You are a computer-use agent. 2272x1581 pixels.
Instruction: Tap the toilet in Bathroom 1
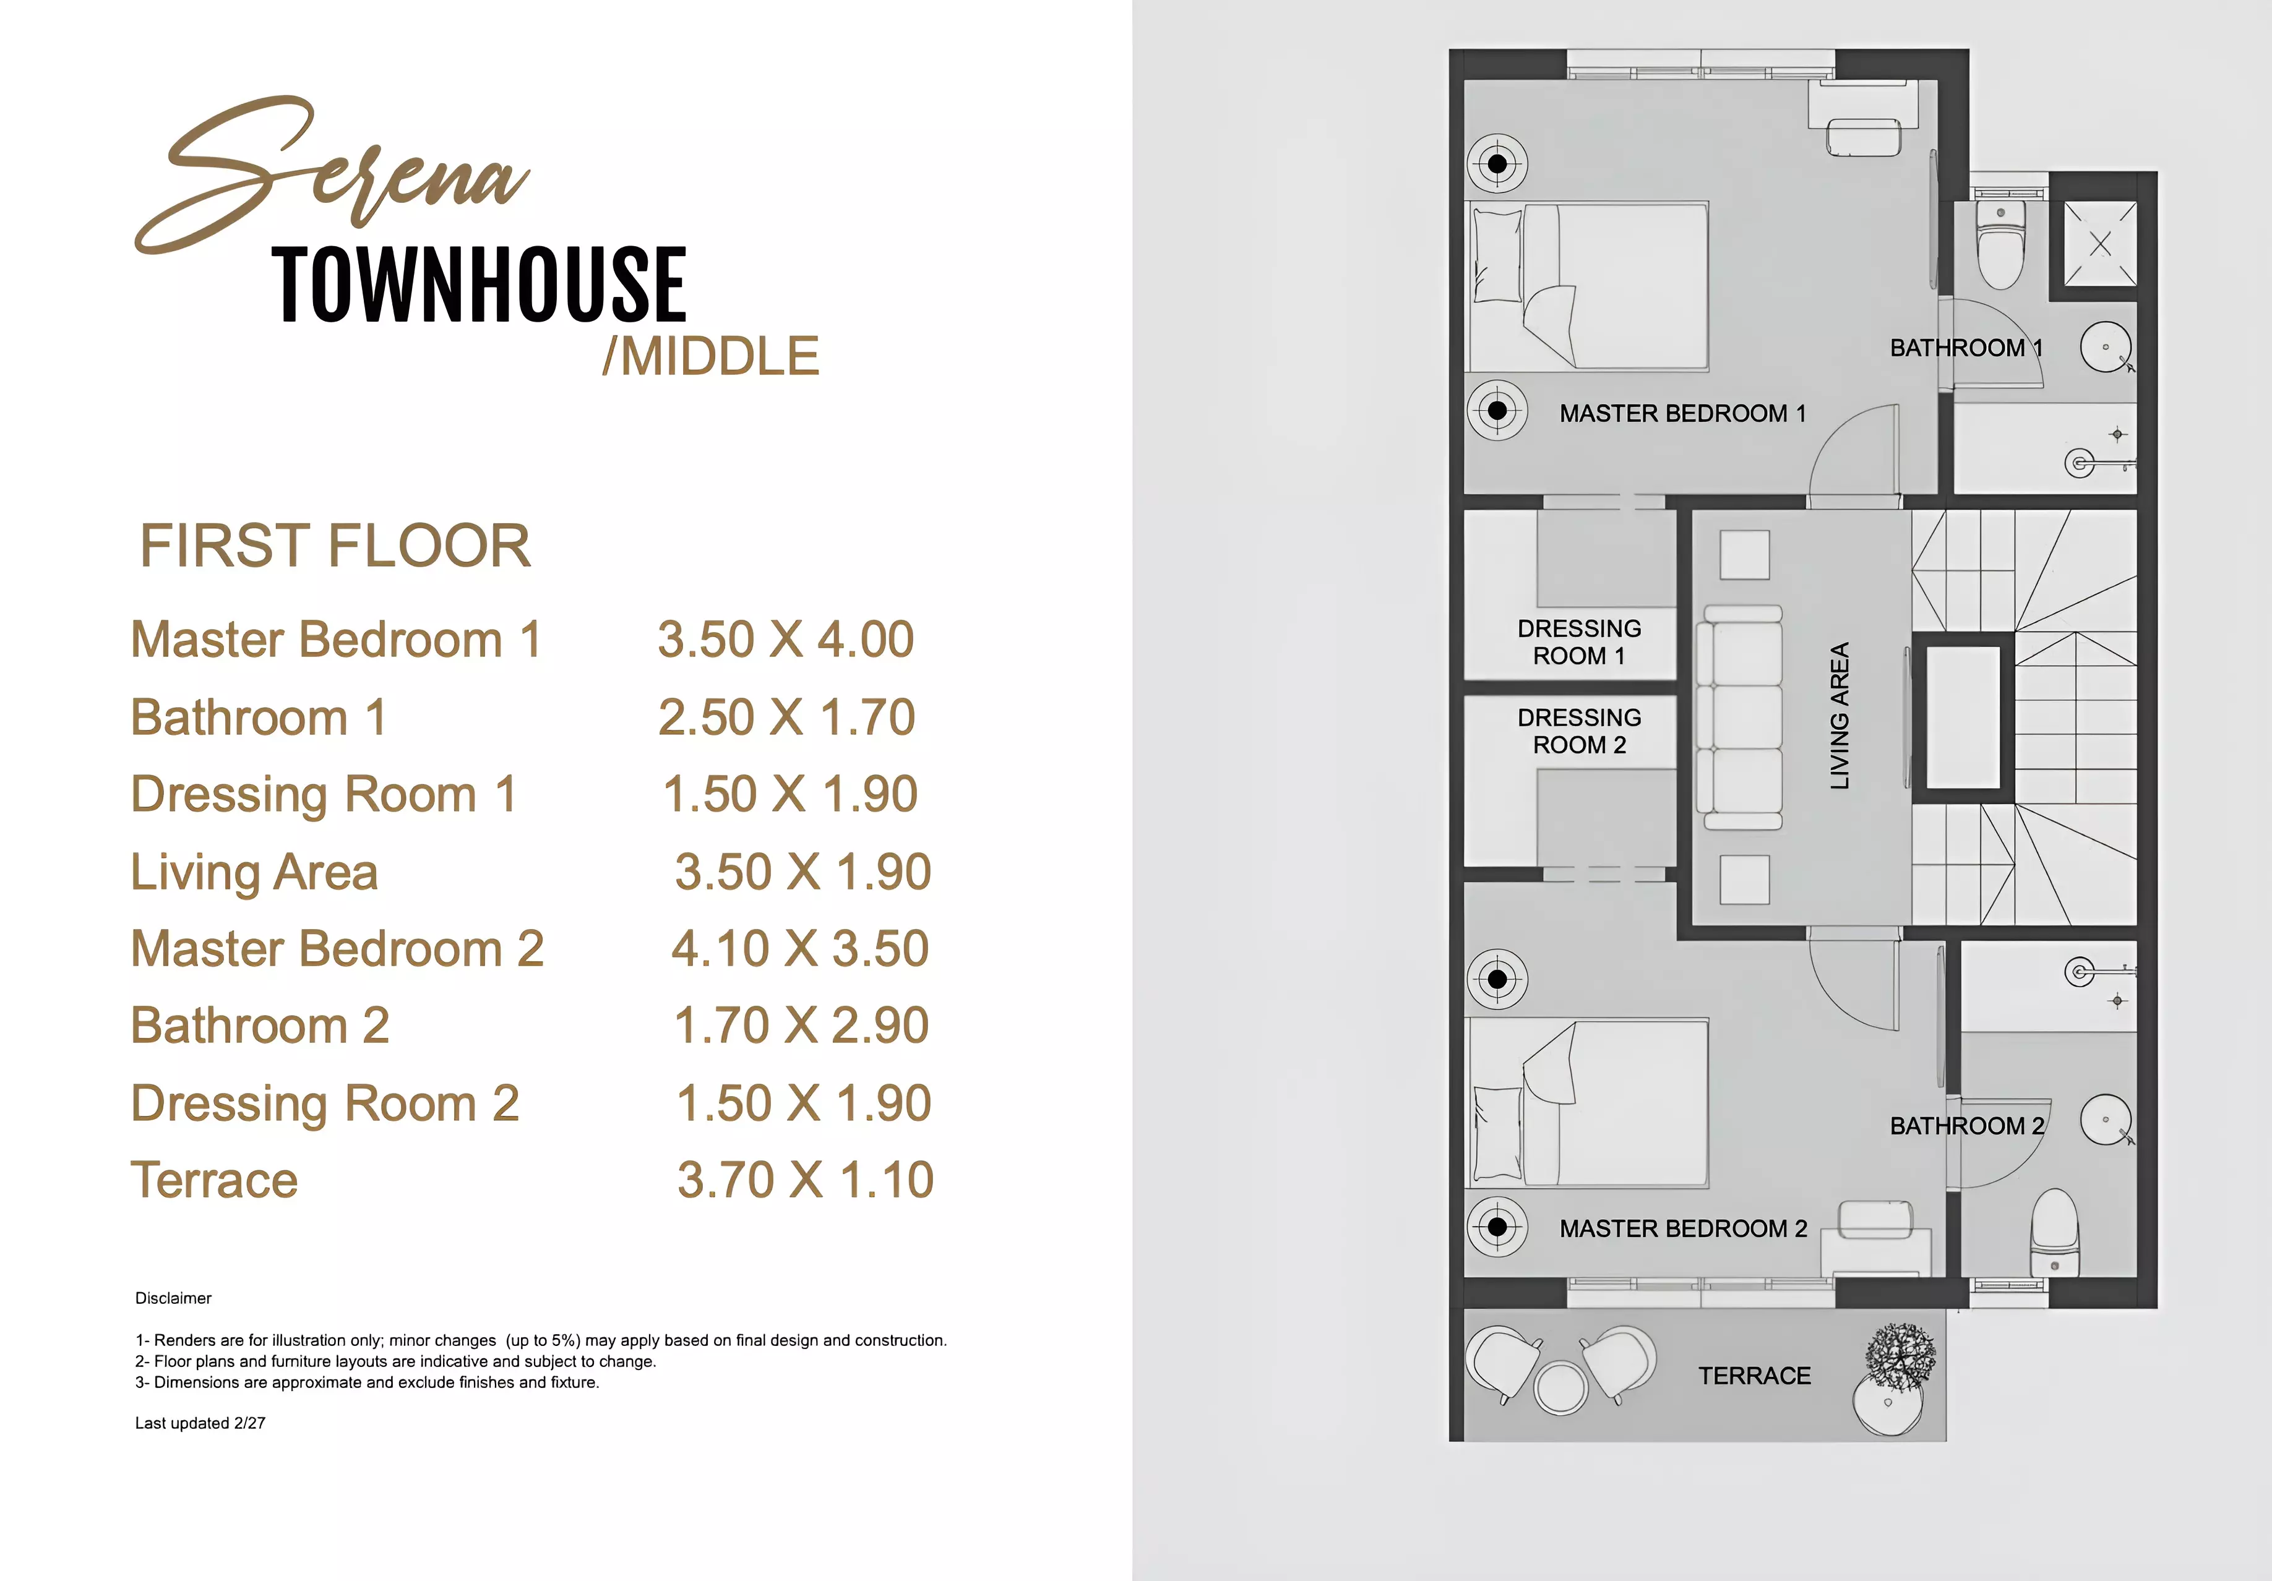2000,246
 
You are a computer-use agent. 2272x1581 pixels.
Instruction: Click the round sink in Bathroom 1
2105,347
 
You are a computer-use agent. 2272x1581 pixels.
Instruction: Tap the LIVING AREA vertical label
1840,715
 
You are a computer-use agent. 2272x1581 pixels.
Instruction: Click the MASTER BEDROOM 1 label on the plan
1682,414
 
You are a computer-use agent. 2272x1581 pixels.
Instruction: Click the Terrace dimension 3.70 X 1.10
804,1180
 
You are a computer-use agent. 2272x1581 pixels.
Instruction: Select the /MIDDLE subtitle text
710,356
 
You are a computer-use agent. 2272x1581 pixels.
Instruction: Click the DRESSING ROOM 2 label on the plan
1579,731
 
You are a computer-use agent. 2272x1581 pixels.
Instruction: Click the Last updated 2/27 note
200,1423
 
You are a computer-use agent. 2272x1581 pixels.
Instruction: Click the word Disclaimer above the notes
173,1298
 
